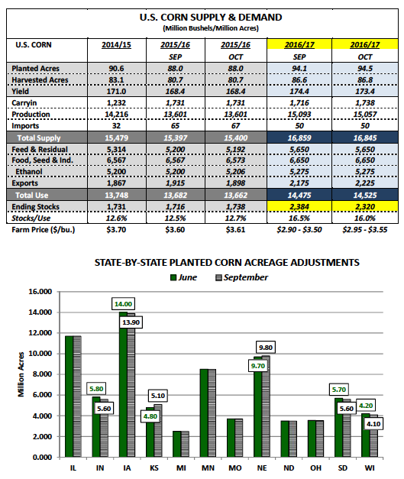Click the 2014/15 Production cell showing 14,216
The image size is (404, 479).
point(116,115)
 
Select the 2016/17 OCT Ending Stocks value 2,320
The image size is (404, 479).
point(365,207)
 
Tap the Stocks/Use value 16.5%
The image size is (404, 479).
point(299,218)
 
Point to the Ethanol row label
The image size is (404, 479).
point(29,172)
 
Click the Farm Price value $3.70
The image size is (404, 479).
point(116,230)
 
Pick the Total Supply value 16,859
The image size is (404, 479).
point(299,138)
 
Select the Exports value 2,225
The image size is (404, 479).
point(365,183)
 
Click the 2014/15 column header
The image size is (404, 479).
point(116,45)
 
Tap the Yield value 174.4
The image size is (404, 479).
point(299,92)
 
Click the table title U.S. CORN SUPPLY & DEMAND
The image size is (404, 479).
point(211,18)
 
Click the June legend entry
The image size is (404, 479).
point(183,277)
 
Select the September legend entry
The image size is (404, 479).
point(242,277)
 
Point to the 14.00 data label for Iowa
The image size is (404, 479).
point(124,304)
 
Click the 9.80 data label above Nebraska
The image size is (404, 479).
point(266,348)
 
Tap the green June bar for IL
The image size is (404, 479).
point(69,396)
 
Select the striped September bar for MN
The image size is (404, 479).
point(212,413)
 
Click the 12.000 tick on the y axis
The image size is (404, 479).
point(40,333)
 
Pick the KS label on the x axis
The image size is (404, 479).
point(154,468)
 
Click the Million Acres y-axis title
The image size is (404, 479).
point(21,374)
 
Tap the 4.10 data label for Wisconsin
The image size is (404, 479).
point(373,424)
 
